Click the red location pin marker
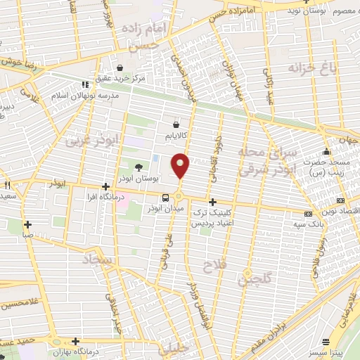tap(181, 165)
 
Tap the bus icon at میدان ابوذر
tap(165, 198)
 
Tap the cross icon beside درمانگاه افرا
tap(105, 187)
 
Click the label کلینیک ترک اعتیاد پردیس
tap(216, 216)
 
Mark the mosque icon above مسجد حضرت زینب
tap(326, 152)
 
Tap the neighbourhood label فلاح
tap(212, 266)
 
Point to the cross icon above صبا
tap(27, 225)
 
